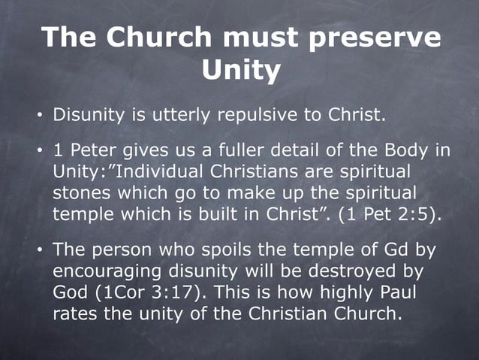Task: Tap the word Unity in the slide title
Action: tap(241, 71)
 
